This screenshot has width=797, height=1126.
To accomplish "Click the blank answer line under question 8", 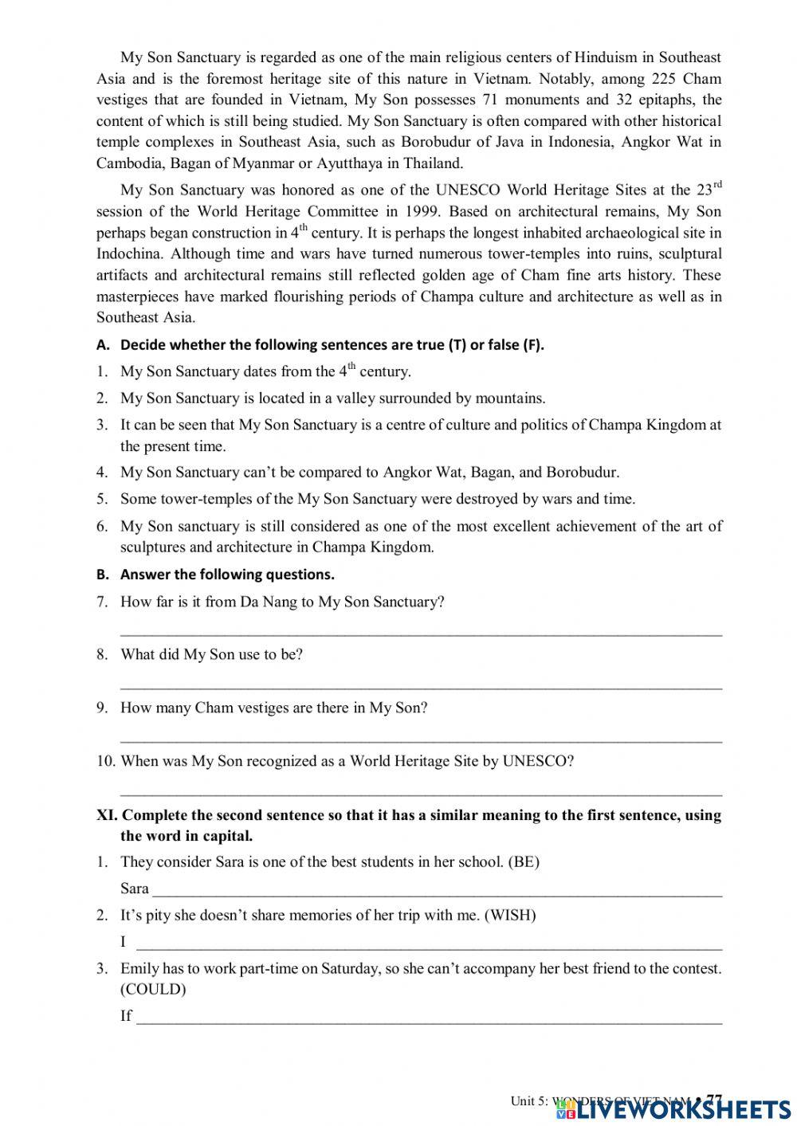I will pos(421,686).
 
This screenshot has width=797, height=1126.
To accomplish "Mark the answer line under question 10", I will pos(421,793).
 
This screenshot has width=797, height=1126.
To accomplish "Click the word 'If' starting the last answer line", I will pos(126,1016).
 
